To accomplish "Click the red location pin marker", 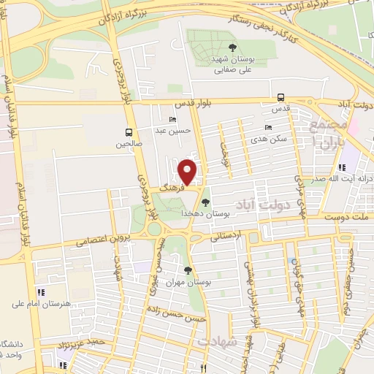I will pos(188,172).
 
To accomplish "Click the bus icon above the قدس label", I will pos(281,97).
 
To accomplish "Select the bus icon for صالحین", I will pos(129,133).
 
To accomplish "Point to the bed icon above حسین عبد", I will pos(173,120).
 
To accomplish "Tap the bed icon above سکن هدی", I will pos(268,127).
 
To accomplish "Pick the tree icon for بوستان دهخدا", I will pos(205,202).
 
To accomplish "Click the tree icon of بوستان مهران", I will pos(188,270).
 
